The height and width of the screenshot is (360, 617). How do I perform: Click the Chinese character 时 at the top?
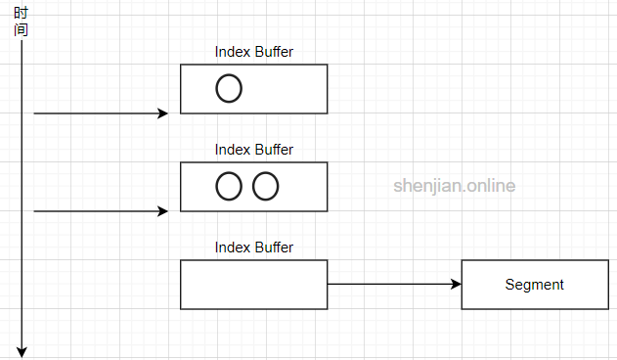[x=21, y=14]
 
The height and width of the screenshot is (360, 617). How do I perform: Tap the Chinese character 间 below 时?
[x=21, y=29]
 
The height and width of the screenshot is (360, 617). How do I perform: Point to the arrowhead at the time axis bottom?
[x=21, y=350]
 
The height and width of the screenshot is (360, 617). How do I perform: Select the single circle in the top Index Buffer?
[x=228, y=88]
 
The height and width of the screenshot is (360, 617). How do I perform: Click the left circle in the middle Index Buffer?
[x=228, y=186]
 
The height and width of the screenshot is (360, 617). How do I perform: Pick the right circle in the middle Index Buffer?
[x=265, y=186]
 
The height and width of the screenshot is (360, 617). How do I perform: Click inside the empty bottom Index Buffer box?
[x=253, y=285]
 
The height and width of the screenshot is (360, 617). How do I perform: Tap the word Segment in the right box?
[x=534, y=285]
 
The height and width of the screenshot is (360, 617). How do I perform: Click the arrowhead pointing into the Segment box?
[x=455, y=285]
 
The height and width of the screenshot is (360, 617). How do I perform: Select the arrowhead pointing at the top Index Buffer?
[x=163, y=113]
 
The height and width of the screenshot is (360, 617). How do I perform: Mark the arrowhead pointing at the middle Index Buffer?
[x=163, y=211]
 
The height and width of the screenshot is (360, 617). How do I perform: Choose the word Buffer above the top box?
[x=274, y=52]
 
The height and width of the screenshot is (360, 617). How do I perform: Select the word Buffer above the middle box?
[x=274, y=150]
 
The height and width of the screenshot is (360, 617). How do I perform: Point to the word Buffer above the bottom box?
[x=274, y=247]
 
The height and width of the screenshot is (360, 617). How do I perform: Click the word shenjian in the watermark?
[x=426, y=186]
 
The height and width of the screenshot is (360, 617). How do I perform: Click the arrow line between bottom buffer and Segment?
[x=391, y=285]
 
